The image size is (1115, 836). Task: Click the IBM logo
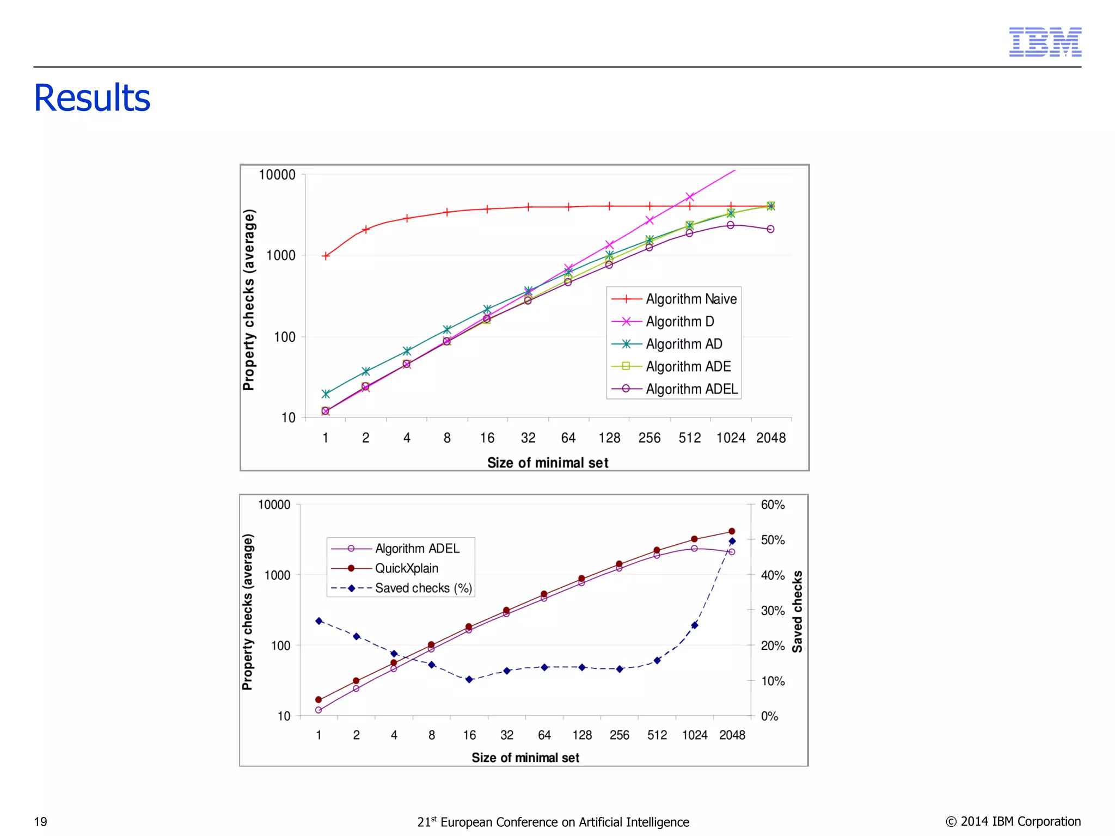point(1045,42)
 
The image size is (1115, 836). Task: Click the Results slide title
point(92,98)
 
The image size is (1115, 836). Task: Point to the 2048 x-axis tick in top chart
point(770,438)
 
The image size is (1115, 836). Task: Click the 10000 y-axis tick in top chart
point(277,175)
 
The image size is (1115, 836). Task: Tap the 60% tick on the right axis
point(773,505)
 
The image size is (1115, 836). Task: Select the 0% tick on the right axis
point(769,716)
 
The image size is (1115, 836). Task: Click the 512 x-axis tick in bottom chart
point(657,735)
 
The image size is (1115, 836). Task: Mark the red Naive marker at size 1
point(326,256)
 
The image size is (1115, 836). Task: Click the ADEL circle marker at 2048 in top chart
point(770,229)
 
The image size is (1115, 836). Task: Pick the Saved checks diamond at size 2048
point(732,541)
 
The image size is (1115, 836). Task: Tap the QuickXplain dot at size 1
point(318,700)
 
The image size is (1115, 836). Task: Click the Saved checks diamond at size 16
point(469,679)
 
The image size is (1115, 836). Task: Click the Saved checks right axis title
point(797,611)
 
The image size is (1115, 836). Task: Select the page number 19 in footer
point(40,822)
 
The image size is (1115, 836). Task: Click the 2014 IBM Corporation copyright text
point(1013,821)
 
